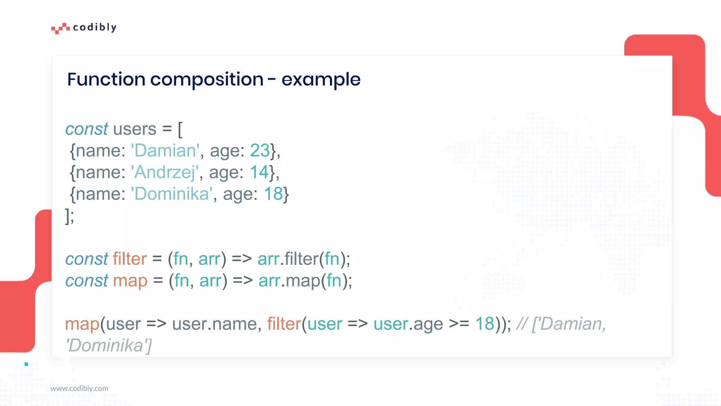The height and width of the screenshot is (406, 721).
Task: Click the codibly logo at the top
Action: click(x=84, y=27)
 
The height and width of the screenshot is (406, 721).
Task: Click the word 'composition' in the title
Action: click(x=207, y=79)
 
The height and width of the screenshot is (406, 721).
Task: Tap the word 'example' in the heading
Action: click(x=321, y=79)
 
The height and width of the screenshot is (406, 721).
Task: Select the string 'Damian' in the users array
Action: click(x=165, y=150)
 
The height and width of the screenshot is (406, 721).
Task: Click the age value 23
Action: click(x=260, y=150)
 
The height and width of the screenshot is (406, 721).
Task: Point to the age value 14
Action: click(x=259, y=172)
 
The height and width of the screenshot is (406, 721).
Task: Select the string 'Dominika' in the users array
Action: click(x=172, y=194)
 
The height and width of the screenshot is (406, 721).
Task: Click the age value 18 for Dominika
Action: click(x=273, y=194)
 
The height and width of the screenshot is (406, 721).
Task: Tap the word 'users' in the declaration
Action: click(x=134, y=129)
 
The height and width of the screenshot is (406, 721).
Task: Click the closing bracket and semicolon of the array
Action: click(x=70, y=216)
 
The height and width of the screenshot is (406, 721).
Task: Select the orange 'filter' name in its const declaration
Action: click(x=130, y=259)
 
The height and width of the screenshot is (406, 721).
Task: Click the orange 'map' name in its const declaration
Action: click(x=130, y=281)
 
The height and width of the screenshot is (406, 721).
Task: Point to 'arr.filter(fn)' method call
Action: click(x=303, y=259)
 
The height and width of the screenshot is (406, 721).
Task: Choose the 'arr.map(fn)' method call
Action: click(x=305, y=281)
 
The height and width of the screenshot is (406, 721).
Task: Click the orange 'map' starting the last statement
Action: click(x=82, y=324)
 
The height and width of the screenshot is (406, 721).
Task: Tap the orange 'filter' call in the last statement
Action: click(x=284, y=324)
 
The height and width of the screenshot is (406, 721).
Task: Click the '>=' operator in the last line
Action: click(x=459, y=324)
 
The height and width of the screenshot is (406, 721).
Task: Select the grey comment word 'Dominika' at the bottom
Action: click(x=108, y=346)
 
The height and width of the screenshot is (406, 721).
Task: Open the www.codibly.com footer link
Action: click(x=79, y=388)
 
